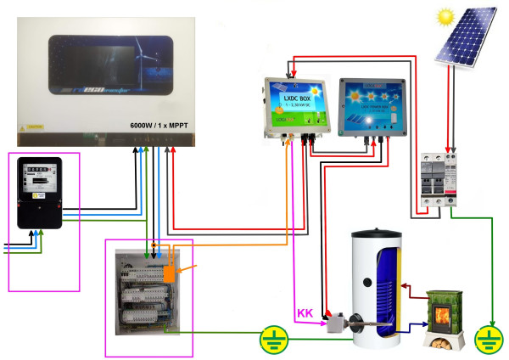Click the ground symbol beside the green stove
(487, 339)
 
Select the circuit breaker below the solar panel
(439, 183)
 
